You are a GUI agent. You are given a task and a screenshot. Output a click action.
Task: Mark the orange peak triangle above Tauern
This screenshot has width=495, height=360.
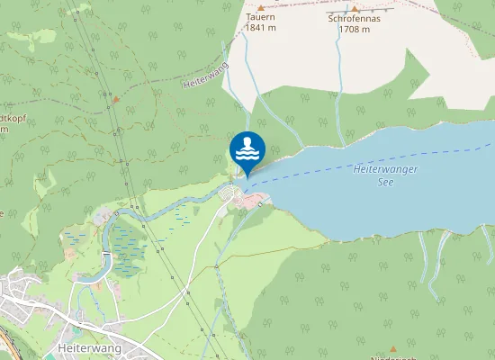pyautogui.click(x=260, y=6)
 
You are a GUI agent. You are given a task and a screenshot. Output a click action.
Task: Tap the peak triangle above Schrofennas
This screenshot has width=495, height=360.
pyautogui.click(x=355, y=8)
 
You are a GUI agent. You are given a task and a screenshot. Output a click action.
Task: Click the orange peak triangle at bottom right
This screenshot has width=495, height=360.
pyautogui.click(x=393, y=348)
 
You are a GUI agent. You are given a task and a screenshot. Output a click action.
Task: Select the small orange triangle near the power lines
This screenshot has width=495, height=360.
pyautogui.click(x=114, y=97)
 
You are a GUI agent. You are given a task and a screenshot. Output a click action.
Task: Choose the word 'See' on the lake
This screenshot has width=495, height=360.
pyautogui.click(x=387, y=181)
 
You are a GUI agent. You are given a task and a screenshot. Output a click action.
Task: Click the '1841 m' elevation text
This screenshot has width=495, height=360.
pyautogui.click(x=260, y=28)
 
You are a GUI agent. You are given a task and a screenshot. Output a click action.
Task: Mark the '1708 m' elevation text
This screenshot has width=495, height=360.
pyautogui.click(x=355, y=29)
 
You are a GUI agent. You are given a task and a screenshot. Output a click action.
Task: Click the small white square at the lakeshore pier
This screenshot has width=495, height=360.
pyautogui.click(x=259, y=204)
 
